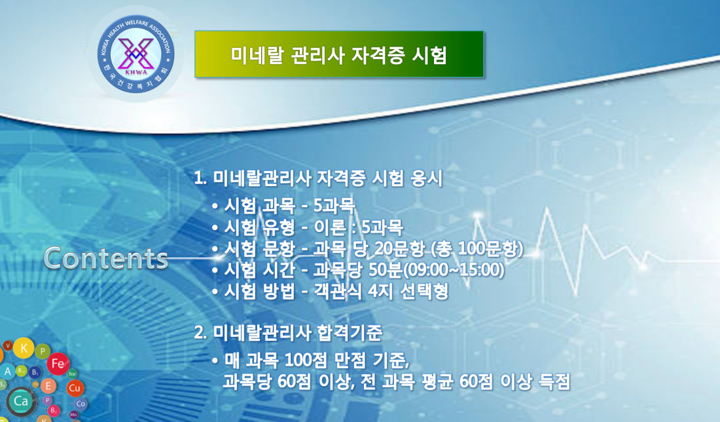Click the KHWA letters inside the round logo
[x=136, y=71]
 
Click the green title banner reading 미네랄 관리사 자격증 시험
[x=339, y=54]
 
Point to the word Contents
[x=105, y=258]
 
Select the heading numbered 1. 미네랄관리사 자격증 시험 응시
[x=318, y=178]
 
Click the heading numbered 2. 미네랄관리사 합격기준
[x=288, y=332]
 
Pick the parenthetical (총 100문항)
[x=477, y=249]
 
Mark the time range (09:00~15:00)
[x=453, y=270]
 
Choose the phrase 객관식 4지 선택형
[x=381, y=292]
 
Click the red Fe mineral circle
[x=58, y=364]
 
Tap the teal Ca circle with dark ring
[x=21, y=401]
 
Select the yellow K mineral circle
[x=24, y=348]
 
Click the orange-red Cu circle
[x=75, y=388]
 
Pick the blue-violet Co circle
[x=81, y=404]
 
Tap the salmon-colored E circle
[x=48, y=386]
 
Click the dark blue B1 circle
[x=35, y=372]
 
